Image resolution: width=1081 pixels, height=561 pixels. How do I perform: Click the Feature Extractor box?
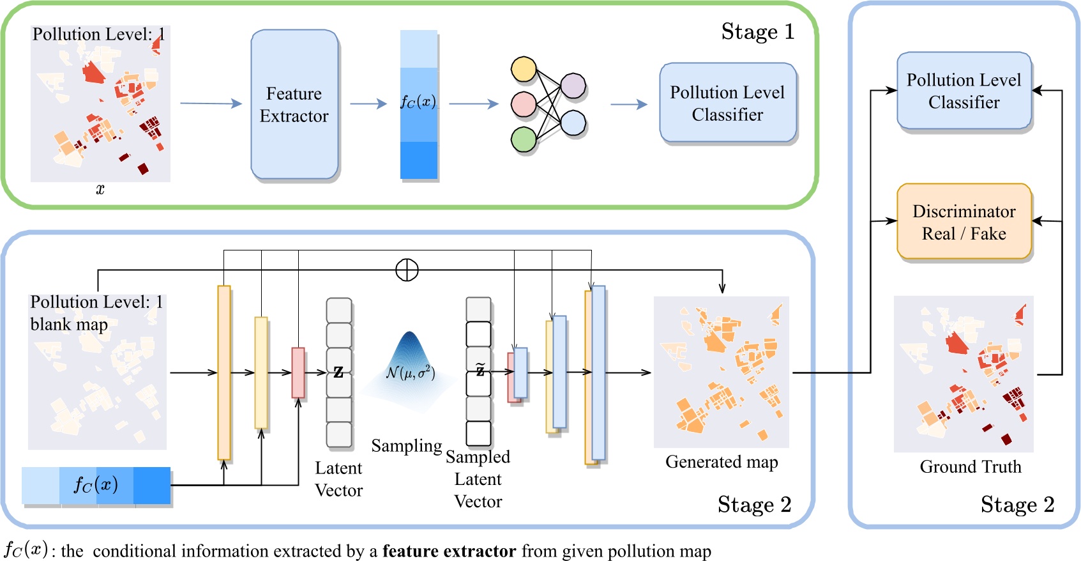click(294, 105)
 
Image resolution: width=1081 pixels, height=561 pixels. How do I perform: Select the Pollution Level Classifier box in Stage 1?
click(727, 103)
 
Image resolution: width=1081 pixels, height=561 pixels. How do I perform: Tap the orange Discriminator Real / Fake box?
click(964, 222)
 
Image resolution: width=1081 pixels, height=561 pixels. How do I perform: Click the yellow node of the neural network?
click(524, 70)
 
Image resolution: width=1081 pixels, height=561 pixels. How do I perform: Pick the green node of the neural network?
click(524, 139)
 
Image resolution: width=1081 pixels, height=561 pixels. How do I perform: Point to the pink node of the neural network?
click(524, 104)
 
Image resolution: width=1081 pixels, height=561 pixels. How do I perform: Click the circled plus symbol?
click(407, 270)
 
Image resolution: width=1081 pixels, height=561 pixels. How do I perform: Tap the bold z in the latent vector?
click(338, 372)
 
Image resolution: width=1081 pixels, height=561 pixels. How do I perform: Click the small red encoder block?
click(298, 373)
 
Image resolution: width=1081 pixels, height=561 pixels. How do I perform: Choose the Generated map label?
click(722, 461)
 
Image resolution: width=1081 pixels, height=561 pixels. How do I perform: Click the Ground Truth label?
click(970, 466)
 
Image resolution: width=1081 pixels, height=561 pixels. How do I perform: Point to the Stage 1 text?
click(757, 31)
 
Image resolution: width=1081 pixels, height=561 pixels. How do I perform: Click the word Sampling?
click(406, 445)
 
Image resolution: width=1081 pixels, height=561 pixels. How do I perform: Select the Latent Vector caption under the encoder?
click(338, 479)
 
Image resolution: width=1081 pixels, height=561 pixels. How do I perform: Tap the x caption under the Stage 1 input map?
click(100, 189)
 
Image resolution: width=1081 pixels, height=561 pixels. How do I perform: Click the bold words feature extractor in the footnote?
click(449, 551)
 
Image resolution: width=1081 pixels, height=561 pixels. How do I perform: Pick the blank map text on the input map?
click(69, 324)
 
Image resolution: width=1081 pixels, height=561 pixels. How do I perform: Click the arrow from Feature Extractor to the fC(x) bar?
click(368, 104)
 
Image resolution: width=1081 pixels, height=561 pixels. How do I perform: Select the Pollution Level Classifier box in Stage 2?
click(964, 91)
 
